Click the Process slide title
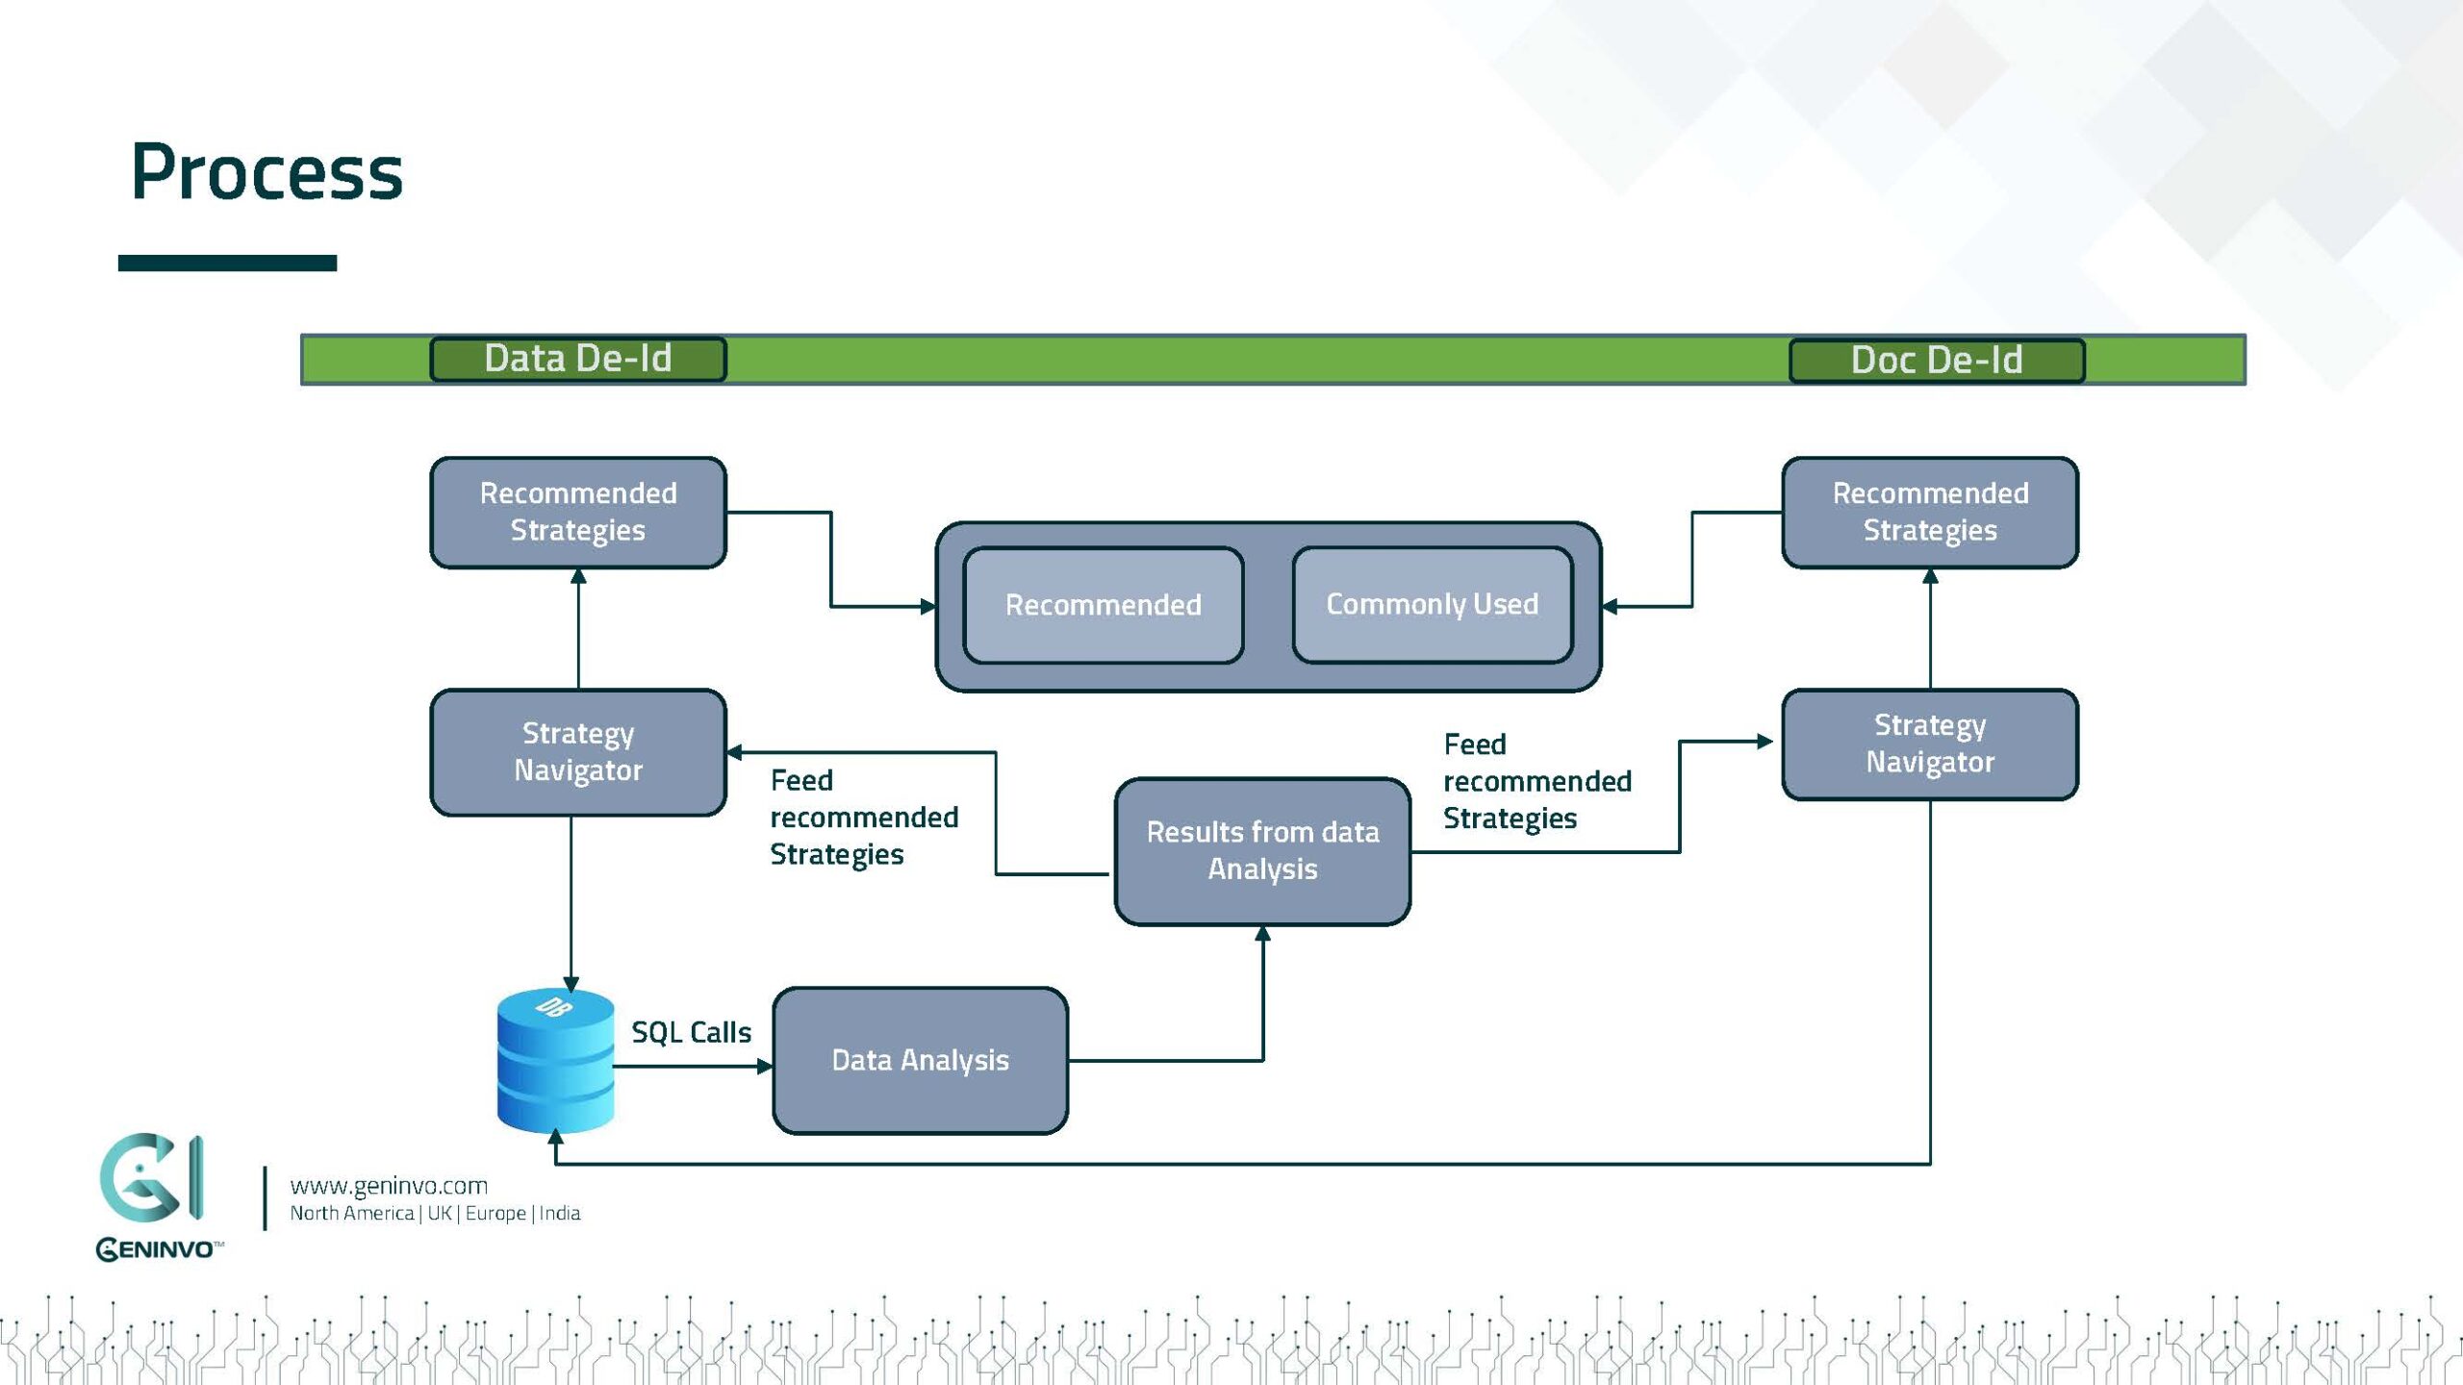267,172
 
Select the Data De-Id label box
577,359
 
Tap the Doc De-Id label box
1936,361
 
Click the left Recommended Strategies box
577,512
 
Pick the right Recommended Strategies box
1929,512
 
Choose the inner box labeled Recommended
1103,605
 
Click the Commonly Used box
1432,604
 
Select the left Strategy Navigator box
577,752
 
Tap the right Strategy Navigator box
1929,743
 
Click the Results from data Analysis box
1262,850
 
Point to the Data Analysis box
920,1060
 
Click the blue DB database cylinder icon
555,1060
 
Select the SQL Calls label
691,1032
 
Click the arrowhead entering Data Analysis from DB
766,1066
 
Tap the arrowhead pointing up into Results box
1262,933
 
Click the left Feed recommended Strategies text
863,817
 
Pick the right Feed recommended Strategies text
1536,781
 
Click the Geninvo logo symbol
151,1177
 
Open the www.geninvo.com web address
389,1186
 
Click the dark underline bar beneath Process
227,263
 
